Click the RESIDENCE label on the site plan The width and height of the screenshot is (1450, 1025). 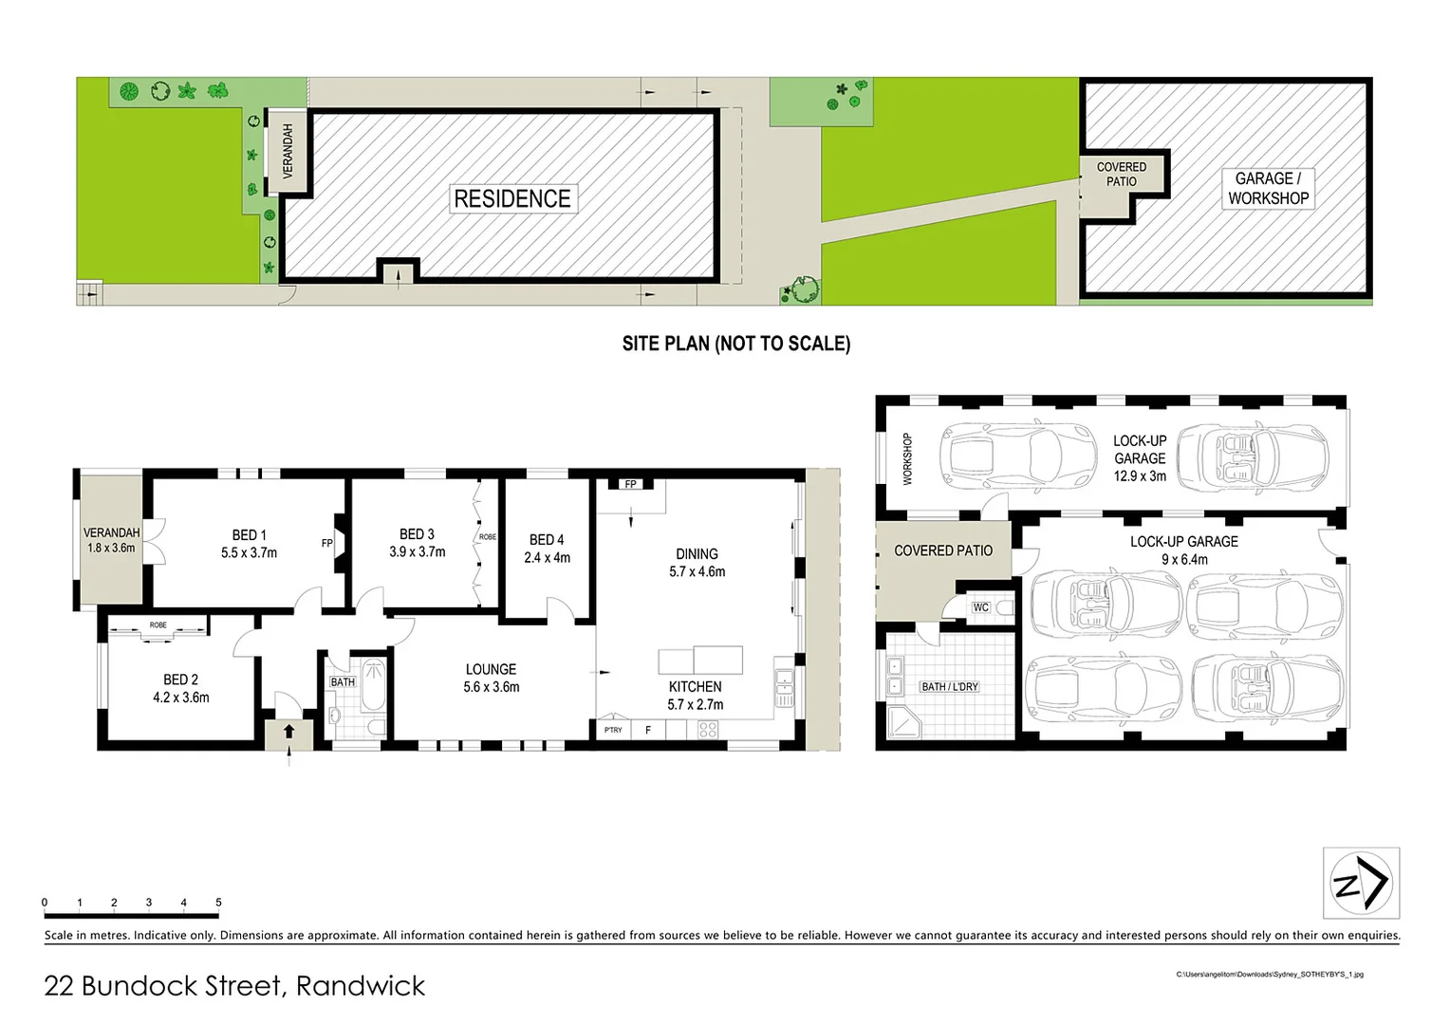click(512, 199)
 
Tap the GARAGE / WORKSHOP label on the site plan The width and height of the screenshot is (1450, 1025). click(1268, 188)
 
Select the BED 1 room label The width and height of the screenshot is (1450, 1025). click(250, 535)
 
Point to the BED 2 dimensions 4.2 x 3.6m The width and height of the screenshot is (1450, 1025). click(181, 698)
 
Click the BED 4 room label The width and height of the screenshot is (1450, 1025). click(547, 540)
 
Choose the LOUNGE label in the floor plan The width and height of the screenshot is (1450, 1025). click(491, 669)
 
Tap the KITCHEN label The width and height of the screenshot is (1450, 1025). click(695, 686)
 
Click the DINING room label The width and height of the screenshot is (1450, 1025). click(697, 553)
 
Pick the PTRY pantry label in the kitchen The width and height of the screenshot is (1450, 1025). click(613, 730)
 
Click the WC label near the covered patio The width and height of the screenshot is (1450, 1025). click(980, 607)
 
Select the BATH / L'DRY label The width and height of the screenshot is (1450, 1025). click(949, 686)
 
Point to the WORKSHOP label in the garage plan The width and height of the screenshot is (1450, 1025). click(907, 459)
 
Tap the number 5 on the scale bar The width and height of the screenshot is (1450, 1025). click(218, 903)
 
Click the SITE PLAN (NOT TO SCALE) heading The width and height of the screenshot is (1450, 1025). click(735, 344)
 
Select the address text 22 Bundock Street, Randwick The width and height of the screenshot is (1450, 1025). click(234, 986)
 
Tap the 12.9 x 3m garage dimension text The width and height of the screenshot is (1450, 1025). click(1140, 476)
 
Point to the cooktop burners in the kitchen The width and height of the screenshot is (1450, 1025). click(708, 730)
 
